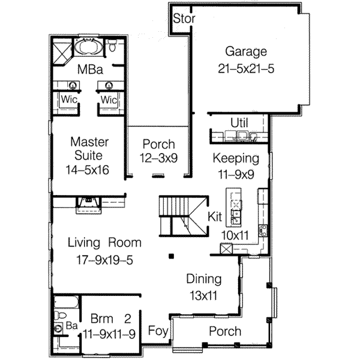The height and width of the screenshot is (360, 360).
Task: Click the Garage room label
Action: pyautogui.click(x=246, y=51)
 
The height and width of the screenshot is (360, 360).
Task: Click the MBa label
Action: pyautogui.click(x=88, y=69)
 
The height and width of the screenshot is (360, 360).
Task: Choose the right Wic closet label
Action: pyautogui.click(x=109, y=99)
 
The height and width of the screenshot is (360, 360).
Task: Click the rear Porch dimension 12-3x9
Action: pyautogui.click(x=158, y=158)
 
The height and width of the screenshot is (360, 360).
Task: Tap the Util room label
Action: pyautogui.click(x=239, y=123)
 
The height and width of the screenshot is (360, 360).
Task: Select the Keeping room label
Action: pyautogui.click(x=237, y=158)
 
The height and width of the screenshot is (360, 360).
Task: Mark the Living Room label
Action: pyautogui.click(x=104, y=243)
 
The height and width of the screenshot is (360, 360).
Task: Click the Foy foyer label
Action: pyautogui.click(x=158, y=330)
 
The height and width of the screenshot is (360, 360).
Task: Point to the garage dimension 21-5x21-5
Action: pyautogui.click(x=246, y=68)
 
